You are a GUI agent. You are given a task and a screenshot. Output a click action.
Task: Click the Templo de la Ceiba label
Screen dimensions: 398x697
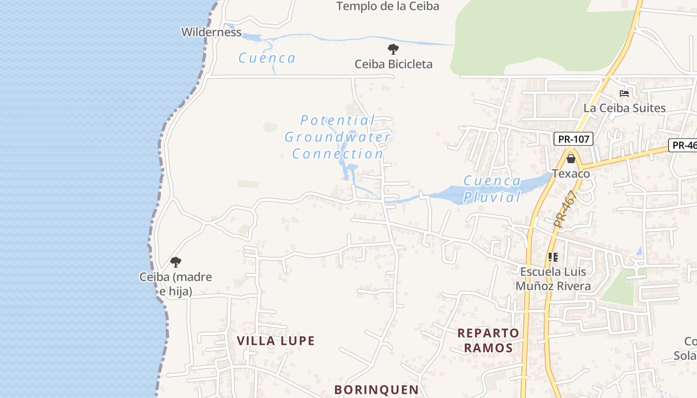pyautogui.click(x=388, y=6)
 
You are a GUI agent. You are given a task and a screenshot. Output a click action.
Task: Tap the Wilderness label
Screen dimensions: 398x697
pyautogui.click(x=211, y=32)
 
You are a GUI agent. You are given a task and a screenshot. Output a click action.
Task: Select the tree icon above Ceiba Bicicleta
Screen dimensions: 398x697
pyautogui.click(x=393, y=49)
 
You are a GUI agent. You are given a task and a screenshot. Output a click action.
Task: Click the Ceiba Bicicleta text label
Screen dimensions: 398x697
pyautogui.click(x=393, y=64)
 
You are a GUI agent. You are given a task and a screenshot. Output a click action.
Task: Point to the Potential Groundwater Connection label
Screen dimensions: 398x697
pyautogui.click(x=338, y=137)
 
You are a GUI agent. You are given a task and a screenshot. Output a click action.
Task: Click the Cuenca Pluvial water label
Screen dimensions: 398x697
pyautogui.click(x=492, y=189)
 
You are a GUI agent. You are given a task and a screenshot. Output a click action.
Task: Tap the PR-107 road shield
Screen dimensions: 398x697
pyautogui.click(x=574, y=139)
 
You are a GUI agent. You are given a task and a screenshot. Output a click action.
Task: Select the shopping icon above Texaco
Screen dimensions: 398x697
pyautogui.click(x=571, y=159)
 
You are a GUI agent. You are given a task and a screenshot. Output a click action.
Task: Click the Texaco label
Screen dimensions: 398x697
pyautogui.click(x=571, y=174)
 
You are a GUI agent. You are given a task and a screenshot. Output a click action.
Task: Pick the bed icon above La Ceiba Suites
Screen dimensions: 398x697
pyautogui.click(x=624, y=93)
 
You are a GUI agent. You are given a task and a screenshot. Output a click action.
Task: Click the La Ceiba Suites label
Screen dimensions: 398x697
pyautogui.click(x=624, y=108)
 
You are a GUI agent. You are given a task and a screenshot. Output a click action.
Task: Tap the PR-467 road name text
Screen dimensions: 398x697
pyautogui.click(x=566, y=209)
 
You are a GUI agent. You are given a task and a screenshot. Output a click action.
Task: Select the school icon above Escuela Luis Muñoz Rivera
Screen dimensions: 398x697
pyautogui.click(x=553, y=257)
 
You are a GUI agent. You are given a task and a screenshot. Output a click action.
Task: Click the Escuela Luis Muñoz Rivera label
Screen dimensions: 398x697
pyautogui.click(x=553, y=279)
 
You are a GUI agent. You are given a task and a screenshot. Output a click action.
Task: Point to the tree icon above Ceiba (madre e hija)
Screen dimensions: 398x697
pyautogui.click(x=175, y=262)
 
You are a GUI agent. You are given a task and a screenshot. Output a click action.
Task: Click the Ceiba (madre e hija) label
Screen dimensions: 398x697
pyautogui.click(x=176, y=284)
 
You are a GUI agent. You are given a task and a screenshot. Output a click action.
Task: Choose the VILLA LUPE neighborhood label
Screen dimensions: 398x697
pyautogui.click(x=276, y=341)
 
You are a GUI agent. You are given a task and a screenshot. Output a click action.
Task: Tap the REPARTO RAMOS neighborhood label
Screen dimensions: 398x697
pyautogui.click(x=488, y=340)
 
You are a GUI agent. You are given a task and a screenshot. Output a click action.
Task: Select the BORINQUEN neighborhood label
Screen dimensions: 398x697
pyautogui.click(x=376, y=390)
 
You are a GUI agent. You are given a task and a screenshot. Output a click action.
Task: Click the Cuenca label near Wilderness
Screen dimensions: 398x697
pyautogui.click(x=267, y=58)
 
